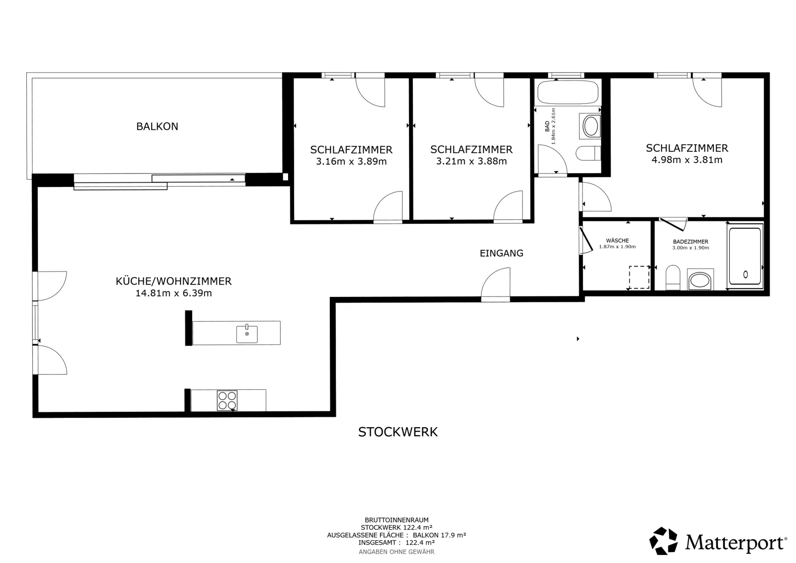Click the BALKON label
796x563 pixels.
[157, 126]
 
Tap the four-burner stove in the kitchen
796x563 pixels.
[227, 401]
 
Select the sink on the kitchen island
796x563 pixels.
[247, 334]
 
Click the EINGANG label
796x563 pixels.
[501, 253]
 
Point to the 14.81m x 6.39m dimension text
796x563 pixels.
[174, 293]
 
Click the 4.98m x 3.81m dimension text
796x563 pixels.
[687, 160]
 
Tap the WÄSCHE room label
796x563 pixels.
[617, 241]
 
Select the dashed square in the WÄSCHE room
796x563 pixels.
[639, 278]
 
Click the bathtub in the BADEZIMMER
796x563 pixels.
[745, 256]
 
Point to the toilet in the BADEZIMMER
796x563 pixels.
[673, 278]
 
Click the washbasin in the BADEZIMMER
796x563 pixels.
[700, 280]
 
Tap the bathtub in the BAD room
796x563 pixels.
[568, 92]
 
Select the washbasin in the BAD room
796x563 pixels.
[590, 126]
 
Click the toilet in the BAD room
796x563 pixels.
[589, 153]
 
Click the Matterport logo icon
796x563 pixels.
[663, 541]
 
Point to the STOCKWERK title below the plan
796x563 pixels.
[398, 432]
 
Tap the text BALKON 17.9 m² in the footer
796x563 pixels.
[439, 535]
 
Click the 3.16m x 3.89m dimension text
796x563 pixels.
[351, 162]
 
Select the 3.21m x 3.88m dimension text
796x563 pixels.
[472, 161]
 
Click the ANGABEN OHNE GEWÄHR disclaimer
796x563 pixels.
[397, 552]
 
